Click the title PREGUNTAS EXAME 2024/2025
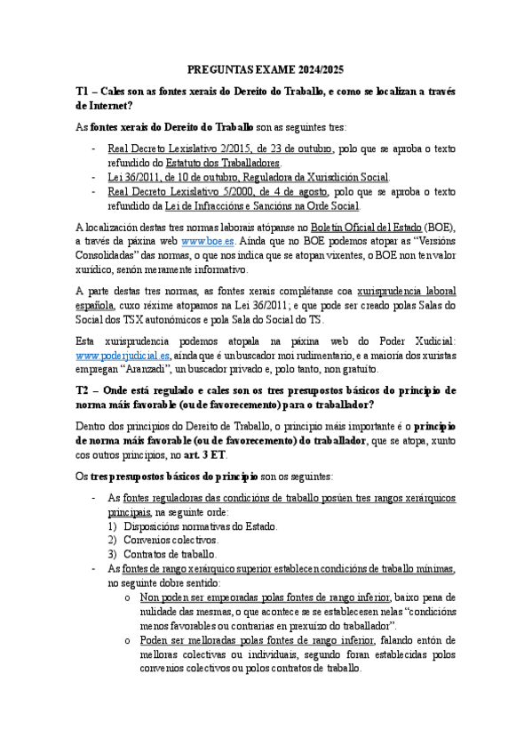[266, 68]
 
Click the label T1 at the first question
[83, 91]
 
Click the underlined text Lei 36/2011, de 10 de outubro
[168, 177]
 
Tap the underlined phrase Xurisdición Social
[344, 177]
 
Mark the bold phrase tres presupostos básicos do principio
[173, 476]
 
